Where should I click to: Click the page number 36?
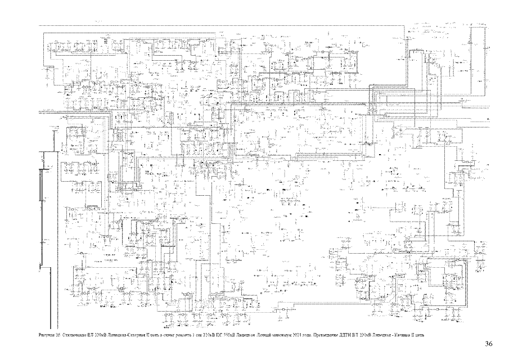click(488, 344)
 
